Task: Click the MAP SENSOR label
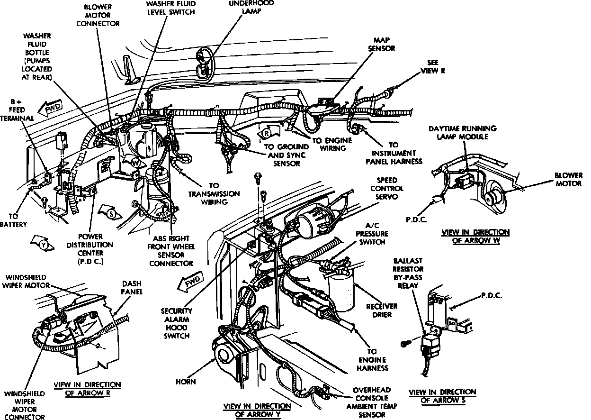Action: coord(384,44)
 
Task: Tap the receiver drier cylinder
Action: coord(341,290)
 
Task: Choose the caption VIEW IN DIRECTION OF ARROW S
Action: coord(442,396)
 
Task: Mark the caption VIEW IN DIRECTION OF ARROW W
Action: coord(475,236)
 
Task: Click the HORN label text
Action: coord(186,381)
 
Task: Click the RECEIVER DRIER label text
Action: coord(382,310)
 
